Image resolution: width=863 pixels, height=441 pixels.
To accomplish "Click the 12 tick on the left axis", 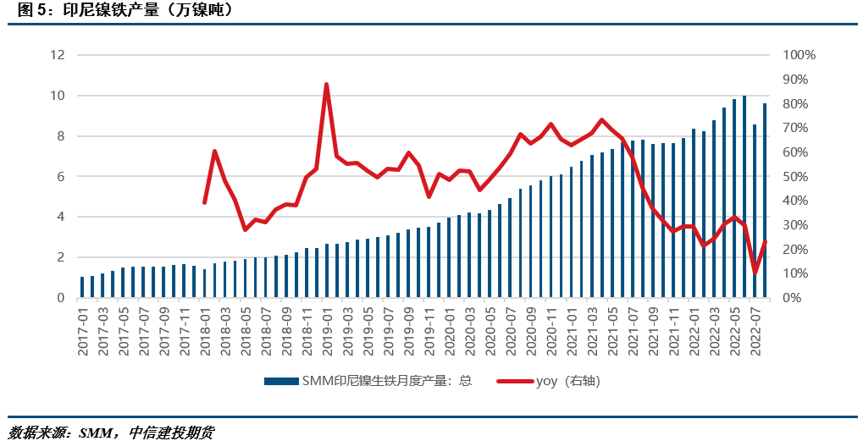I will [x=58, y=55].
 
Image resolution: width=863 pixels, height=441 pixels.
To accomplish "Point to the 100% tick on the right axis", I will [x=799, y=55].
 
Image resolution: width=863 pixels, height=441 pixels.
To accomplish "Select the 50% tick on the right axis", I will [x=796, y=177].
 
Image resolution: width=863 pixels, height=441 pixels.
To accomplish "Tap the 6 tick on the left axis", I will [x=60, y=177].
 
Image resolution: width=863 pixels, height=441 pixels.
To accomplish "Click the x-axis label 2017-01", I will [x=83, y=331].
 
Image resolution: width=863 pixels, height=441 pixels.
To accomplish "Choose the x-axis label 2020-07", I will [x=511, y=331].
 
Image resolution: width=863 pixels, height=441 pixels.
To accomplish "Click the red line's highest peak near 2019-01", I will [x=327, y=85].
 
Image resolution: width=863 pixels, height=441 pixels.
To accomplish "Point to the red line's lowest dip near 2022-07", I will [x=755, y=273].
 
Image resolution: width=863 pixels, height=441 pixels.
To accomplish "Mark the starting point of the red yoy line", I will [x=204, y=202].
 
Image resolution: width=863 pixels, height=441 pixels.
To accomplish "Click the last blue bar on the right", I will [x=765, y=201].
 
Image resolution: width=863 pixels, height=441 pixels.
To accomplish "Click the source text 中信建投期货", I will [x=172, y=433].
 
